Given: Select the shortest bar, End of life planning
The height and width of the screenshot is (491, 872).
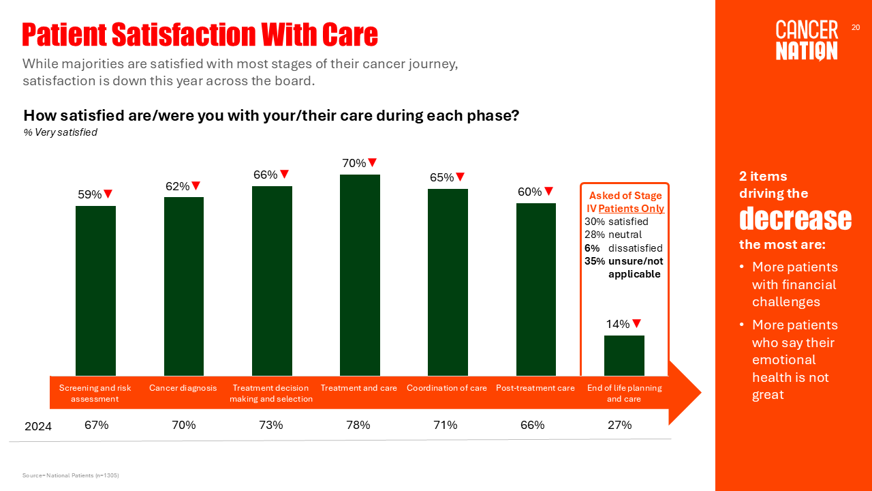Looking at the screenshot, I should point(624,355).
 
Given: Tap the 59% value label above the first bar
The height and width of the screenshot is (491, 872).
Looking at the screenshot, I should point(89,194).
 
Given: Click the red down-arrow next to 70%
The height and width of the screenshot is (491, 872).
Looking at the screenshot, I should point(372,162).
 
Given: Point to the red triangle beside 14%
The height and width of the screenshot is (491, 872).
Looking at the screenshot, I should point(636,324).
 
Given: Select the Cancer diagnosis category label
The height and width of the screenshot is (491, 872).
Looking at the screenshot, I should point(183,388).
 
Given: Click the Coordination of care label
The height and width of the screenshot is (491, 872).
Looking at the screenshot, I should point(447,388).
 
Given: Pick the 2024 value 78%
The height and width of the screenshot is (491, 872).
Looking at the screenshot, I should point(358,425).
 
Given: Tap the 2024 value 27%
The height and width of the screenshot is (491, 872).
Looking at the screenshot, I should point(620,425).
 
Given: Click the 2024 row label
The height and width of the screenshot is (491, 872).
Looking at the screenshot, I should point(38,426).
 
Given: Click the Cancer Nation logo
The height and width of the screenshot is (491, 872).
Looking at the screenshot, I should point(807,40).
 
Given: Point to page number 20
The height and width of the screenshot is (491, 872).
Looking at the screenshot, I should point(856,27).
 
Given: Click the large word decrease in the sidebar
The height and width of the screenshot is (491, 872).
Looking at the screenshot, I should point(795,219).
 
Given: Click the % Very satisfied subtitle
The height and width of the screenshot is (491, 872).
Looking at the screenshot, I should point(60,132).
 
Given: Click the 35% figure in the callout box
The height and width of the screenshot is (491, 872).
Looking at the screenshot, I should point(593,261).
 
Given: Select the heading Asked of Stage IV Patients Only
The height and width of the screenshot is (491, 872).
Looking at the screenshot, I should point(625,202).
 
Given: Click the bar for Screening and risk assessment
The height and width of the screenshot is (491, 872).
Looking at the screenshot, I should point(95,291).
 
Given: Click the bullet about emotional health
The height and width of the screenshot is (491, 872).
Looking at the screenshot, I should point(794,359).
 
